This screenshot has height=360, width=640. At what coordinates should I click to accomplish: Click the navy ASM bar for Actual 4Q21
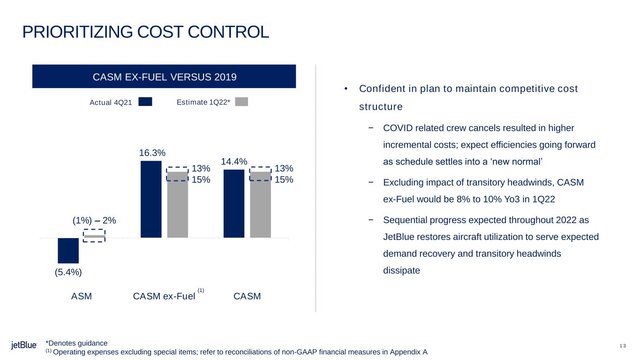[x=68, y=251]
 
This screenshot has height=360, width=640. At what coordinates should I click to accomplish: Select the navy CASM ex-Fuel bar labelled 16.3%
[x=151, y=199]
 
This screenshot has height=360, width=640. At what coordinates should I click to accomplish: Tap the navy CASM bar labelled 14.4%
[x=234, y=204]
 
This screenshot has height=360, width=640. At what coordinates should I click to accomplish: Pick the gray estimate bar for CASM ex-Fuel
[x=177, y=204]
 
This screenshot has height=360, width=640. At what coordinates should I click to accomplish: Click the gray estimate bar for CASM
[x=260, y=204]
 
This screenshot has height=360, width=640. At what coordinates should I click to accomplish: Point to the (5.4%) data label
[x=68, y=272]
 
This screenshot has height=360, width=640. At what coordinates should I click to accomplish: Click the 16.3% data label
[x=152, y=153]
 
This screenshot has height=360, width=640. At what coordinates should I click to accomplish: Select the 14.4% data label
[x=234, y=162]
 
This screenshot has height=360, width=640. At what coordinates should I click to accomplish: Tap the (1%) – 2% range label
[x=94, y=221]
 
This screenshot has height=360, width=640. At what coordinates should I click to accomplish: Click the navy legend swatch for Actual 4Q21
[x=145, y=102]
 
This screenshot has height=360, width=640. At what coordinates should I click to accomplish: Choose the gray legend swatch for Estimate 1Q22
[x=241, y=102]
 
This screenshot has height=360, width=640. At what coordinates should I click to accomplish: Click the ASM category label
[x=82, y=296]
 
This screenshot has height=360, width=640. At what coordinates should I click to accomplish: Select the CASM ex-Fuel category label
[x=164, y=296]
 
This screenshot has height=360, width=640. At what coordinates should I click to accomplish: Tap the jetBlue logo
[x=24, y=345]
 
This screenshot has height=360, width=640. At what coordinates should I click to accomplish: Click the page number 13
[x=623, y=346]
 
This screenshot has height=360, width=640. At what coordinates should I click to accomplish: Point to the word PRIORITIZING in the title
[x=77, y=32]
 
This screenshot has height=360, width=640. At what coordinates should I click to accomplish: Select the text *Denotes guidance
[x=76, y=343]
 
